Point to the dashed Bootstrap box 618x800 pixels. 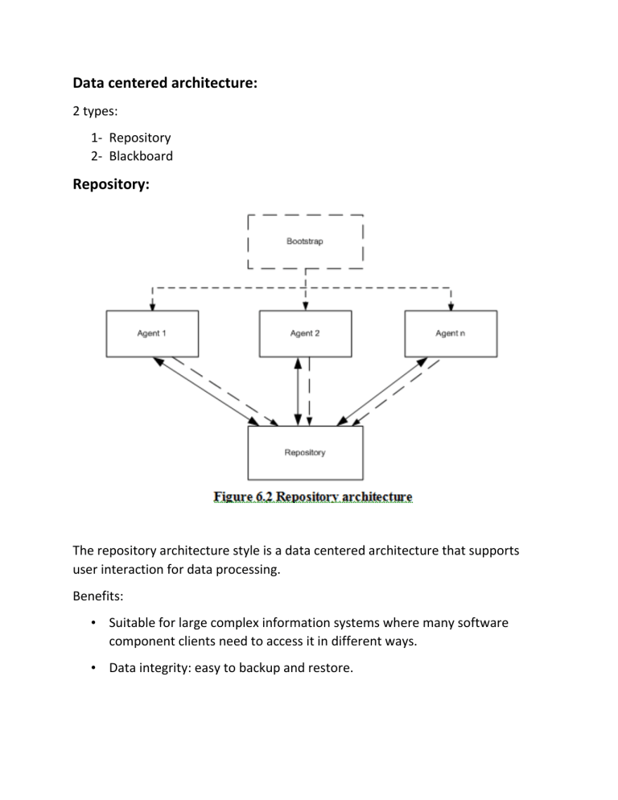pyautogui.click(x=305, y=241)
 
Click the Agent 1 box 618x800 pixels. pyautogui.click(x=152, y=334)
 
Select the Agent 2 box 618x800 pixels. pyautogui.click(x=305, y=334)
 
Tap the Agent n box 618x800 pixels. pyautogui.click(x=451, y=334)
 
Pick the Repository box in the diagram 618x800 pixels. pyautogui.click(x=305, y=453)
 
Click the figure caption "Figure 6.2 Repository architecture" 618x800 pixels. pyautogui.click(x=314, y=497)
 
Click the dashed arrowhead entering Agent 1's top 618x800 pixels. pyautogui.click(x=152, y=307)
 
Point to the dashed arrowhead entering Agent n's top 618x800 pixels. pyautogui.click(x=451, y=307)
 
